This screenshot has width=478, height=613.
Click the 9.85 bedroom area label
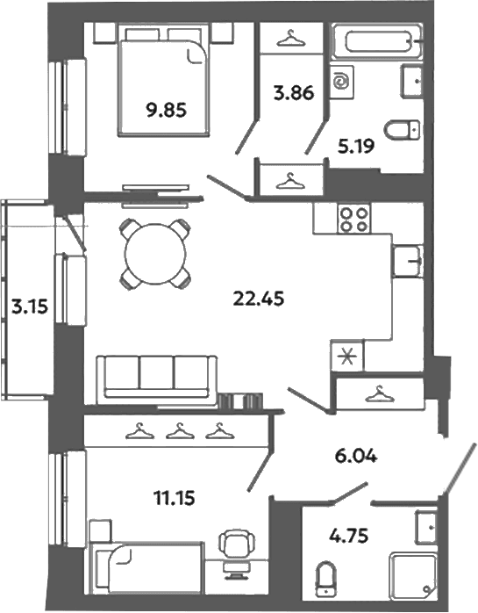[166, 111]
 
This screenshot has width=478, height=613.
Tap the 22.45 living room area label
[258, 299]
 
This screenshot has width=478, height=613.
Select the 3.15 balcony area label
[30, 307]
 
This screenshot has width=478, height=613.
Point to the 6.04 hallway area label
[356, 456]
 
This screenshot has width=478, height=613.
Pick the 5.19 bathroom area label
[356, 146]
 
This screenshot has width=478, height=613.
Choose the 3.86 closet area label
[294, 93]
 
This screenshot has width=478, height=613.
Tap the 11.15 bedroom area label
[175, 499]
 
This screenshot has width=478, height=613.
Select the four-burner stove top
[354, 220]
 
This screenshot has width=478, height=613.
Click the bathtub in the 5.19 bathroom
[376, 41]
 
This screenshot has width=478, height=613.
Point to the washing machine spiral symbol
[342, 82]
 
